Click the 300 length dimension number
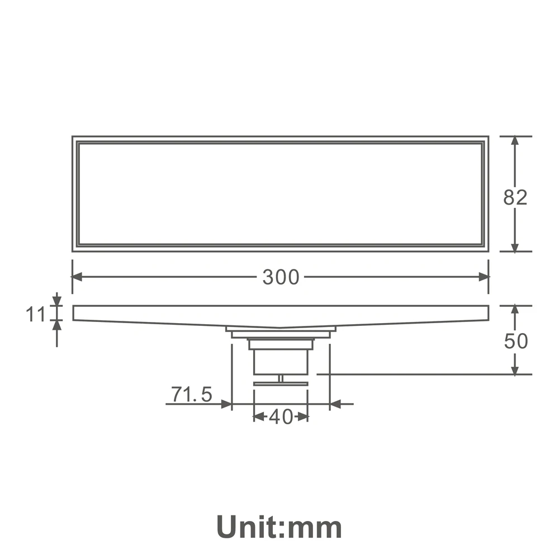pos(281,277)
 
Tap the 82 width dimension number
pos(515,197)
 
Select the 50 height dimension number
pos(516,341)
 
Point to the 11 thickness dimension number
pos(36,314)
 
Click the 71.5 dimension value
pos(191,394)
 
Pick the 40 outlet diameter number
pos(281,416)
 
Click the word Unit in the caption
pos(249,527)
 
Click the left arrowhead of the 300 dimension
pos(77,277)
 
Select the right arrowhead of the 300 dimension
pos(484,277)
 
